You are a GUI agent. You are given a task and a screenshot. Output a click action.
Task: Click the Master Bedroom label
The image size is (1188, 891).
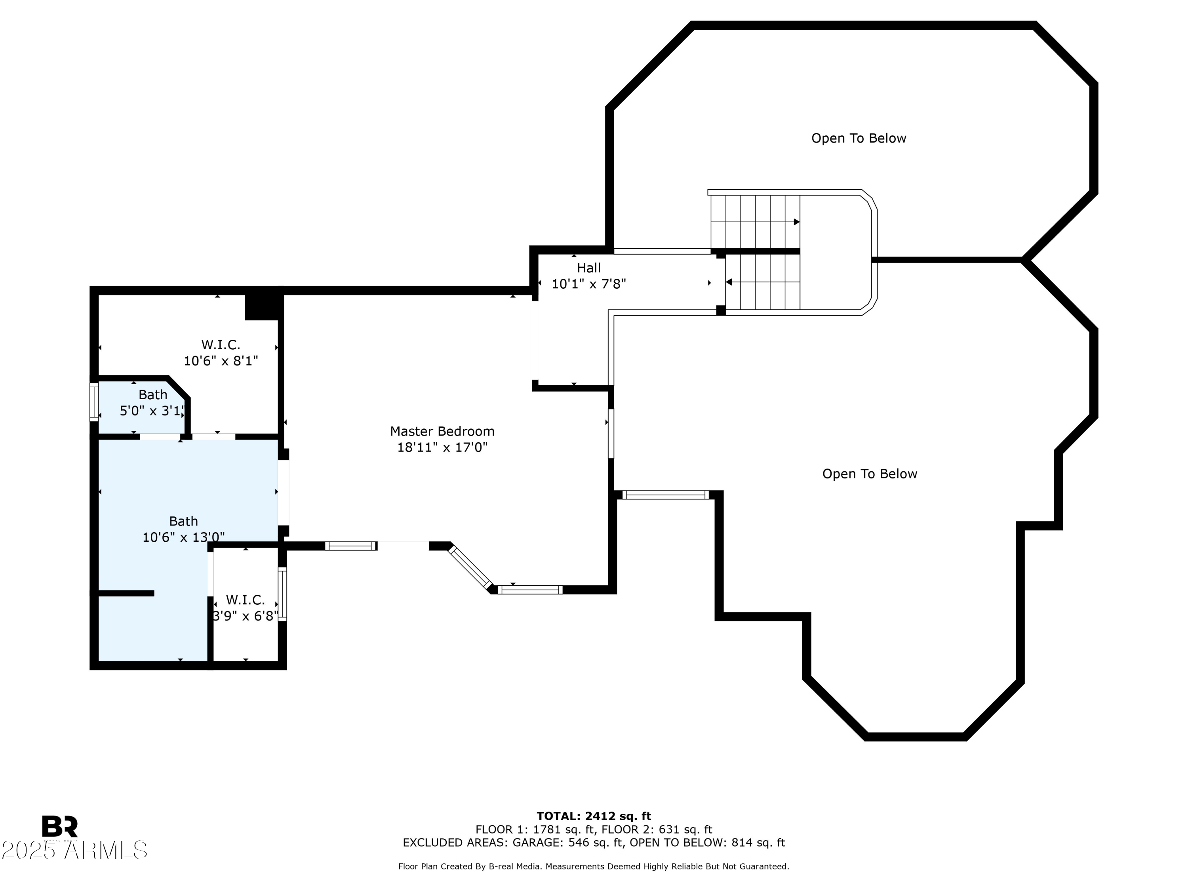click(x=442, y=431)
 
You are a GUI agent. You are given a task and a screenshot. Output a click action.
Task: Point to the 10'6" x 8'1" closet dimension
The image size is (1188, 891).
click(x=221, y=361)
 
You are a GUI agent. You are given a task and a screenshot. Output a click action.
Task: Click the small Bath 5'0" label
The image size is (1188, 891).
click(x=153, y=395)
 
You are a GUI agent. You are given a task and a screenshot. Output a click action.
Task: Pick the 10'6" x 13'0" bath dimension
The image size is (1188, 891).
click(x=183, y=537)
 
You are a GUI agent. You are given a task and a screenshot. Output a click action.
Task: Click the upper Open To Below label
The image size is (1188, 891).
click(x=859, y=138)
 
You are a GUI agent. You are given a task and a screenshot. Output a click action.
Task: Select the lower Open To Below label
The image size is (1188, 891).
click(x=870, y=474)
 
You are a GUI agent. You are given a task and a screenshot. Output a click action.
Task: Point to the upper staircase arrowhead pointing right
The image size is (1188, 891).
click(x=797, y=222)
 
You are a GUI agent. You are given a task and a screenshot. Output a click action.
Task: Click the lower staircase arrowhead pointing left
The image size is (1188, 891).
click(x=729, y=282)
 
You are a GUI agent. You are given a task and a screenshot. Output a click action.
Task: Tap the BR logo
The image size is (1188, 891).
click(x=60, y=826)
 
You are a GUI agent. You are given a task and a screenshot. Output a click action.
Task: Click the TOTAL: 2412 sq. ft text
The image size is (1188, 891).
click(x=594, y=816)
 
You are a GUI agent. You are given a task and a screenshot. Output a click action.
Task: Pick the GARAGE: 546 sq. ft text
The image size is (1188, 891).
click(x=568, y=842)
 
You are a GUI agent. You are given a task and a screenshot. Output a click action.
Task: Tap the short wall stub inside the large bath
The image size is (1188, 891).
click(x=126, y=593)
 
